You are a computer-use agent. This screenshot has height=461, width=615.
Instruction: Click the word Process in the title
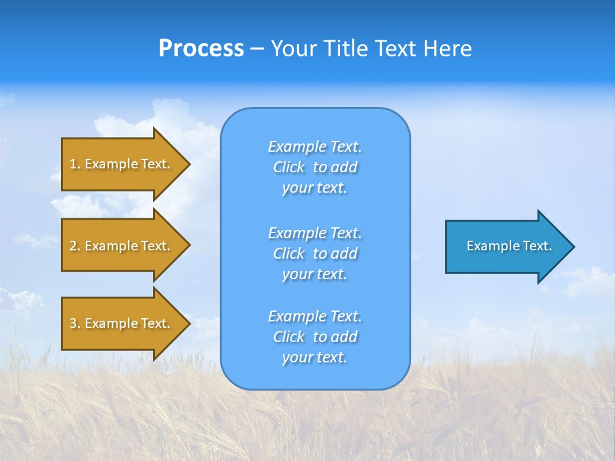(x=201, y=49)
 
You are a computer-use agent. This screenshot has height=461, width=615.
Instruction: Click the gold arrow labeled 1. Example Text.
(x=122, y=164)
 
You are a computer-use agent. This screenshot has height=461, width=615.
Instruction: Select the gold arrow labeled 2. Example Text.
(x=122, y=246)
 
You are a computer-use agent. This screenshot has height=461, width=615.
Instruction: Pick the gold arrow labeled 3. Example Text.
(x=122, y=323)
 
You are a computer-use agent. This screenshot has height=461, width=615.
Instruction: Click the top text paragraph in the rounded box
(x=315, y=167)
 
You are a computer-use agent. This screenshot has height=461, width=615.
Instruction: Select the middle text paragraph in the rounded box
(x=315, y=254)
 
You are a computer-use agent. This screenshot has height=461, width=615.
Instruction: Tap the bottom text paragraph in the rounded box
(x=315, y=337)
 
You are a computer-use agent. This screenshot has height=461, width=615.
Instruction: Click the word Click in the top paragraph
(x=289, y=167)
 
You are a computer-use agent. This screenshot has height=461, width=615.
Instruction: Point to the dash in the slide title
(x=257, y=49)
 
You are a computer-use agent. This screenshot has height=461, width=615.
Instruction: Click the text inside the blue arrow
(x=509, y=246)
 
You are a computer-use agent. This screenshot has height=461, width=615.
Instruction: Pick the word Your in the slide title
(x=293, y=49)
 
